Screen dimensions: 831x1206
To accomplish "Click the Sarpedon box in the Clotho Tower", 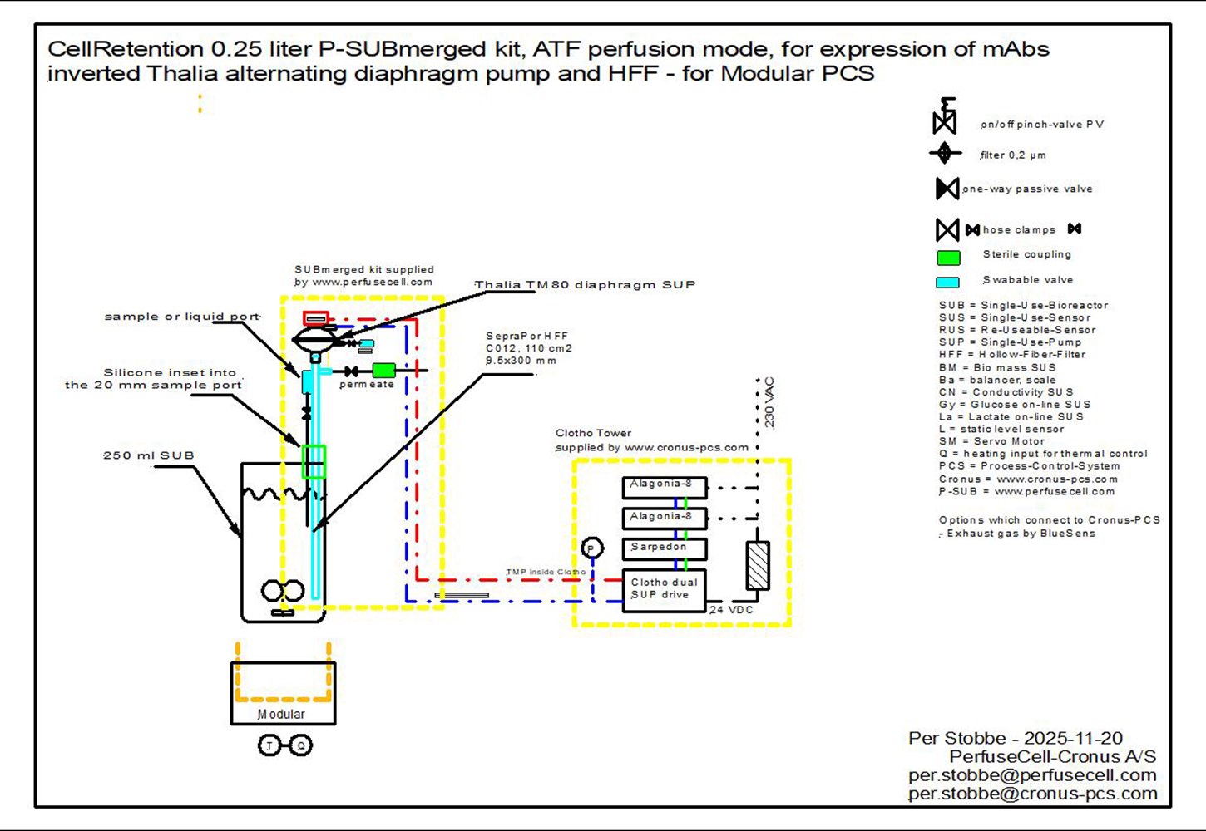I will (665, 548).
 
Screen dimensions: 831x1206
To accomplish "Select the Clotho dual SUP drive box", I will (665, 590).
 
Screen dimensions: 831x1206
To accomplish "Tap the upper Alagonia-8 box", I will (665, 486).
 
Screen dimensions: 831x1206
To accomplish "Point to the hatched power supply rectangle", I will (758, 565).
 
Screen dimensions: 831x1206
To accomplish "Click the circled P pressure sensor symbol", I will (591, 548).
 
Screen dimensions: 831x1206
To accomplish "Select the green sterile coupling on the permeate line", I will (383, 371).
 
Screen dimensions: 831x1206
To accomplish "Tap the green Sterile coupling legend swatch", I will (948, 258).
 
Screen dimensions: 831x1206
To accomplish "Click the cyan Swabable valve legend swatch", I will (947, 283).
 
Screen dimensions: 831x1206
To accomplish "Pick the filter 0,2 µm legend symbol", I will (945, 154).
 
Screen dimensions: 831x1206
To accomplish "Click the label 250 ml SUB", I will (149, 455).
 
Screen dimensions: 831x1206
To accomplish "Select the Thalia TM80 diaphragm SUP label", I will (586, 284).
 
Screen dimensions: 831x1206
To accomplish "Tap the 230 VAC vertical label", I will (769, 403).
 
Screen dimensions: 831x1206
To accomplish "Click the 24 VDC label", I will (731, 610).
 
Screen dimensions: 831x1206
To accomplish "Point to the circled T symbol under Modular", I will (269, 745).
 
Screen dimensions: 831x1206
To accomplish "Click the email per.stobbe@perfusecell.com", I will (1032, 775).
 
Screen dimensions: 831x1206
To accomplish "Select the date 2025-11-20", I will (1073, 738).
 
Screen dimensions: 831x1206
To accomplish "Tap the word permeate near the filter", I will (367, 385).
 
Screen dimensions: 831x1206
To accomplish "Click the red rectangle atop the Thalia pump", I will (316, 318).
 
